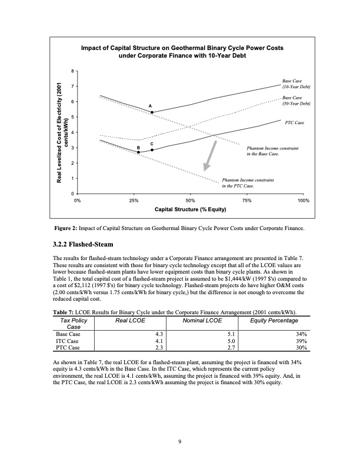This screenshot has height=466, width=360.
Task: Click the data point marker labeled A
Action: [x=152, y=112]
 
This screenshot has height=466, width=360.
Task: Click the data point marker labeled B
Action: [x=139, y=152]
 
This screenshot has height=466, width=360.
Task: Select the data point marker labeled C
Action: [x=152, y=150]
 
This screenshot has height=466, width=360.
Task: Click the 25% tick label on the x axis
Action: [x=134, y=201]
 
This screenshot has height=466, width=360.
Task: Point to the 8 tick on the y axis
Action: [x=72, y=72]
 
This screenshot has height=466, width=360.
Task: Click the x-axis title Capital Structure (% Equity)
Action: [x=190, y=209]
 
